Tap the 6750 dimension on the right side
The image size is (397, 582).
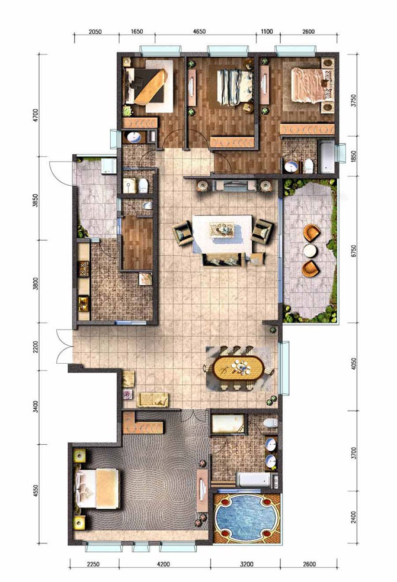(x=354, y=251)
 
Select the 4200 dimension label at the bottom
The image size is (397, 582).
(x=162, y=564)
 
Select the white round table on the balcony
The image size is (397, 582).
(x=310, y=251)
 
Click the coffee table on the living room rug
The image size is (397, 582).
(x=222, y=229)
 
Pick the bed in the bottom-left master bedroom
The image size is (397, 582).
(x=98, y=488)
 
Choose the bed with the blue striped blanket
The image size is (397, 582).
(x=235, y=87)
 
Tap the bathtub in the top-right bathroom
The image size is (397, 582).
(x=327, y=157)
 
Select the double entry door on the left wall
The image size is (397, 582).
(x=64, y=346)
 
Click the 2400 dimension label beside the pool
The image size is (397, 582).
(x=354, y=518)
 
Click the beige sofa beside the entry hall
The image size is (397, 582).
(x=153, y=399)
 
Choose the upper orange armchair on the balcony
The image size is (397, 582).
(x=312, y=233)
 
